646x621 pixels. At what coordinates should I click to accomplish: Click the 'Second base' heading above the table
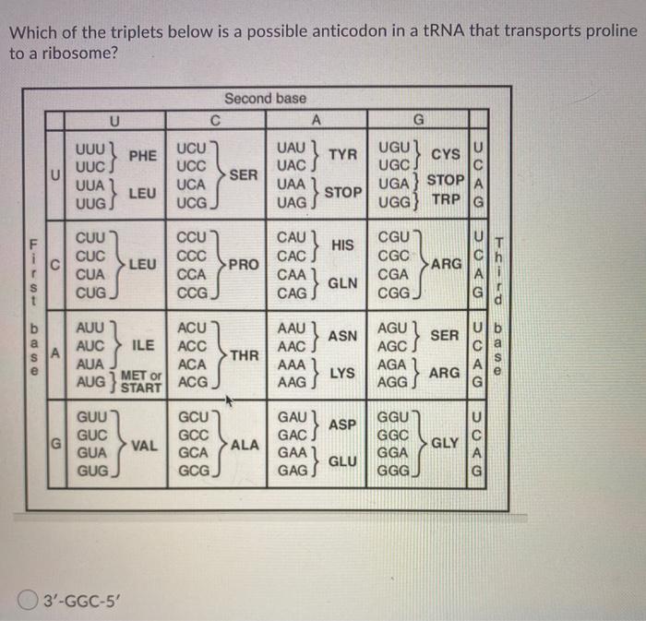[x=265, y=98]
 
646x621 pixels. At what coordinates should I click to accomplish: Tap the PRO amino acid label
[x=245, y=266]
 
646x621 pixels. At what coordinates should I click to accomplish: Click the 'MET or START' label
[x=139, y=381]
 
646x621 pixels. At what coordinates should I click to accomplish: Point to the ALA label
[x=245, y=445]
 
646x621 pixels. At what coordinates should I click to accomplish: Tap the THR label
[x=245, y=355]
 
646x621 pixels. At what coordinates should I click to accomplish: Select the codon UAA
[x=296, y=185]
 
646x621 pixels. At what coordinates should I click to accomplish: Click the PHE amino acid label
[x=143, y=155]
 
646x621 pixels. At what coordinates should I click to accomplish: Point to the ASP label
[x=342, y=424]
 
